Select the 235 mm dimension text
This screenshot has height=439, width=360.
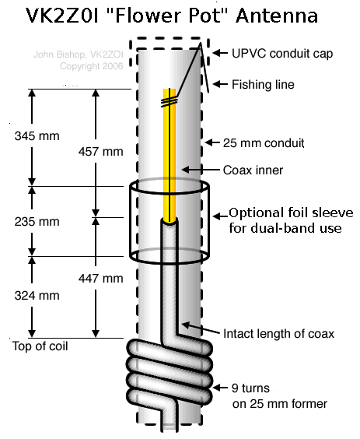click(37, 221)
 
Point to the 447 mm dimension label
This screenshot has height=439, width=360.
click(102, 278)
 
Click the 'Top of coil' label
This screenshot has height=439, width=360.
click(41, 345)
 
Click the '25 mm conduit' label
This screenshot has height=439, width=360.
click(264, 143)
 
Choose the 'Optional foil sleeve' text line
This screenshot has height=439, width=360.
click(290, 213)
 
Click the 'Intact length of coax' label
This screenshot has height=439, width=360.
click(278, 334)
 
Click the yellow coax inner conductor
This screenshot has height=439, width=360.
click(169, 156)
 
